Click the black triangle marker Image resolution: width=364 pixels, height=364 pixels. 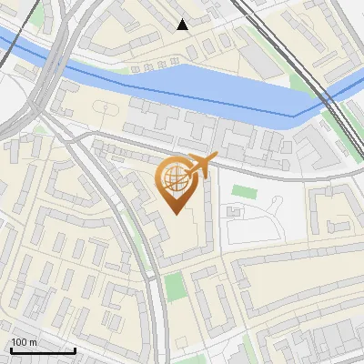coord(183,25)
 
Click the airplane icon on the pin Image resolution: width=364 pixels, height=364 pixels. coord(202,165)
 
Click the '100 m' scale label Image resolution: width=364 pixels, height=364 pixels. coord(24,341)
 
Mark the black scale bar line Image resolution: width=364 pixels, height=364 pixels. coord(42,350)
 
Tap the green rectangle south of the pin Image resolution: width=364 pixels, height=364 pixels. coord(175,288)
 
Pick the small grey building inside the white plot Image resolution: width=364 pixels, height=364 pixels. coord(234,212)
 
